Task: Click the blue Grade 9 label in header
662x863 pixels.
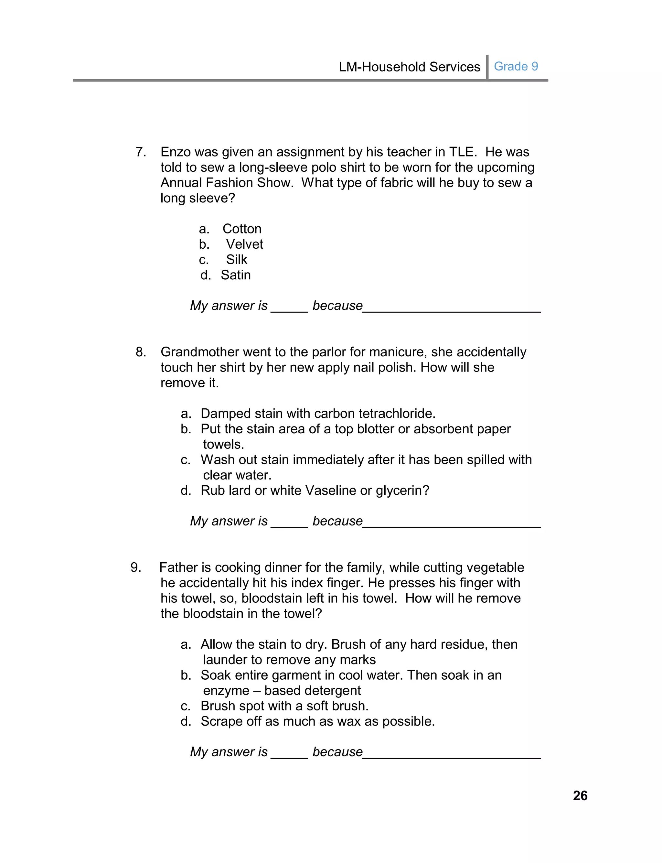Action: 516,66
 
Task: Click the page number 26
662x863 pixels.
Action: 580,796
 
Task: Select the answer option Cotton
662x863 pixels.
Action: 241,229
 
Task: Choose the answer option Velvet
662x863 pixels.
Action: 244,244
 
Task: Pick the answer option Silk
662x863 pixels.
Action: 236,260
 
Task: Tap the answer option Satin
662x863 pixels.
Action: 236,275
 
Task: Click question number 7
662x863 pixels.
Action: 141,152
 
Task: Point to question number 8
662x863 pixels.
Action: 141,352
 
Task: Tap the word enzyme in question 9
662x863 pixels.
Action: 226,691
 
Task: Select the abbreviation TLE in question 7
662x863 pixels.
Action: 463,152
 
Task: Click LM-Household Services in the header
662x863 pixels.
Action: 410,67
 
